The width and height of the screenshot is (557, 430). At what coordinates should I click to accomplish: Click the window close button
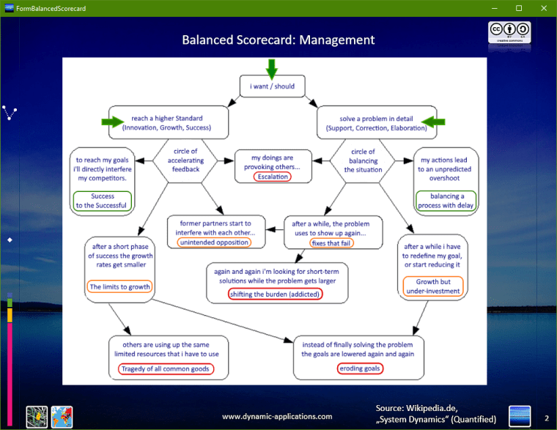[543, 8]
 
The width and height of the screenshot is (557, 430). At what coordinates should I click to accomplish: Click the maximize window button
[519, 8]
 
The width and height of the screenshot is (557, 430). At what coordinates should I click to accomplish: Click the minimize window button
[495, 8]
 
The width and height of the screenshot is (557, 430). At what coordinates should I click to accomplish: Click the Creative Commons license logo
[510, 33]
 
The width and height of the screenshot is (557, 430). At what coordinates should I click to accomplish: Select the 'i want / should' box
[272, 86]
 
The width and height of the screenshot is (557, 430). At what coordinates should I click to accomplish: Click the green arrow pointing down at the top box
[272, 68]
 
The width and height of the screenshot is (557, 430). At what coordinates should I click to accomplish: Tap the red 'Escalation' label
[272, 177]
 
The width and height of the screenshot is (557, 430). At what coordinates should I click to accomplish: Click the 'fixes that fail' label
[331, 242]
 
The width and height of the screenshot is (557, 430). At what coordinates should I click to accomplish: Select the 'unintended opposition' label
[214, 242]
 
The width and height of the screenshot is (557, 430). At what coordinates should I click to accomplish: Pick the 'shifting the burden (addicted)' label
[276, 294]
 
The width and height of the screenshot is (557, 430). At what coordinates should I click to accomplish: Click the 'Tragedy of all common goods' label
[166, 368]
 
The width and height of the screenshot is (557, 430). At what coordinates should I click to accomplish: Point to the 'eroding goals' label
[359, 368]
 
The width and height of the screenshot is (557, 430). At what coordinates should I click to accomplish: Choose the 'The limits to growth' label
[119, 287]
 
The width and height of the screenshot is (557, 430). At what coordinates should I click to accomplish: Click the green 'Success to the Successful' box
[103, 201]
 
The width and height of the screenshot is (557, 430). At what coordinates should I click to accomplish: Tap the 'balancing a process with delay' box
[446, 201]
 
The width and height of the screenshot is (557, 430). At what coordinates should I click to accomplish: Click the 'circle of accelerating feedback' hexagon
[185, 160]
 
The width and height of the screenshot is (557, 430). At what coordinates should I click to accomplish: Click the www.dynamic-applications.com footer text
[277, 416]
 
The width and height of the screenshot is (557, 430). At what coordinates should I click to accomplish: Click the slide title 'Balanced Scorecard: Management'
[278, 40]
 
